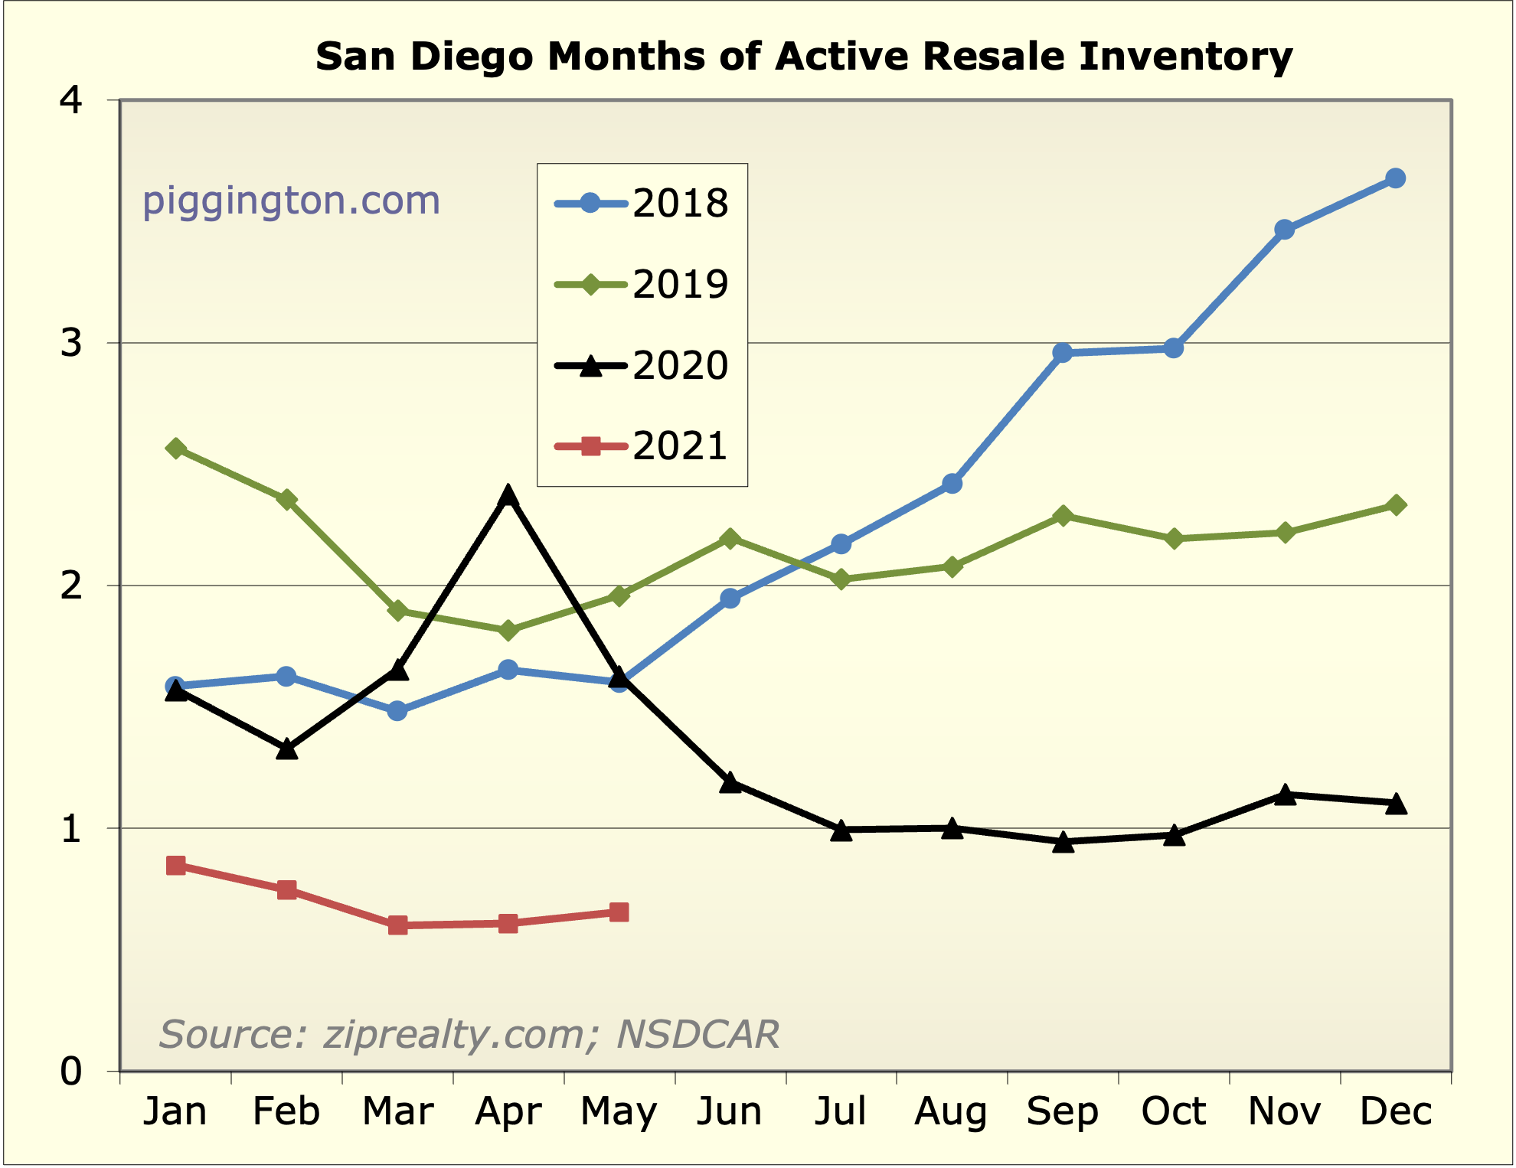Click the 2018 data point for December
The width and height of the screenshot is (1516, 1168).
pos(1395,178)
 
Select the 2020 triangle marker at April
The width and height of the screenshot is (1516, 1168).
pos(508,496)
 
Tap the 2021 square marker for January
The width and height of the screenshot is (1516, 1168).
pos(175,866)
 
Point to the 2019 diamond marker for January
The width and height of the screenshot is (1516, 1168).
pos(175,449)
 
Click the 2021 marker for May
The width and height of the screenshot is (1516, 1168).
pos(619,912)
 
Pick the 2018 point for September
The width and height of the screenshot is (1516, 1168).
pos(1062,353)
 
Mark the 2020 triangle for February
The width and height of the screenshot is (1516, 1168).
pos(286,749)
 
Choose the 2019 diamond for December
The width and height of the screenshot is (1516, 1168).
pos(1395,505)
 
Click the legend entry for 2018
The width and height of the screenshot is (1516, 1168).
pos(642,204)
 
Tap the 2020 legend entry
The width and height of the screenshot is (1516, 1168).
pos(642,366)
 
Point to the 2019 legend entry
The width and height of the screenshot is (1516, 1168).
pos(642,285)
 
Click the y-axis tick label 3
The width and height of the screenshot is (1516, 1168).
pos(71,343)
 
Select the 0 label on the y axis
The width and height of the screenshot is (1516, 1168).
pos(71,1072)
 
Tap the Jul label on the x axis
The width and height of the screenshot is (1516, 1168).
pos(841,1111)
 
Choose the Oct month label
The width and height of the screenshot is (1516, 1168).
pos(1173,1111)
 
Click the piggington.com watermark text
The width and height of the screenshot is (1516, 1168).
pos(292,201)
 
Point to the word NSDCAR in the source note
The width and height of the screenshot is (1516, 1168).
pos(698,1035)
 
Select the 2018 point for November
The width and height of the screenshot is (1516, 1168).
pos(1284,230)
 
